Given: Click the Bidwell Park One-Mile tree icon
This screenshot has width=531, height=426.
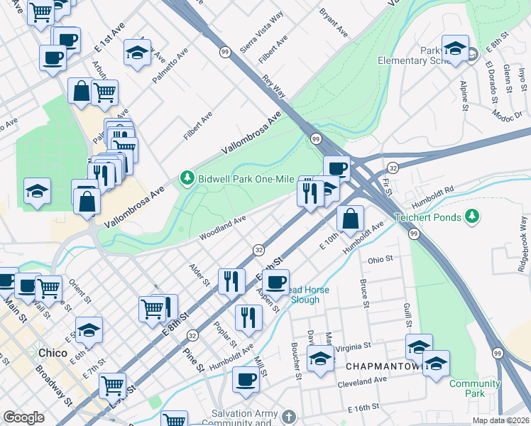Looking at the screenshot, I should (x=187, y=177).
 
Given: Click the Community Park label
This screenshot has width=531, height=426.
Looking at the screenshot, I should (x=474, y=388).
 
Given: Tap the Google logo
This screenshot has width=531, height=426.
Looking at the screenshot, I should (x=23, y=417).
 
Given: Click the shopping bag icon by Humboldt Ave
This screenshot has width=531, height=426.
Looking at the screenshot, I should (x=350, y=219).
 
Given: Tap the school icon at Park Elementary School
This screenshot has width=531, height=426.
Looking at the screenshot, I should (x=455, y=48).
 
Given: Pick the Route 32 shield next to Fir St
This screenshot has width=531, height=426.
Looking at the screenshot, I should (x=392, y=168).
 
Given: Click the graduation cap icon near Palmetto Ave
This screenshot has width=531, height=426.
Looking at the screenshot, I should (x=137, y=53).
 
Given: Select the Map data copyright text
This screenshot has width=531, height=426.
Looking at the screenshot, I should (x=501, y=420).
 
